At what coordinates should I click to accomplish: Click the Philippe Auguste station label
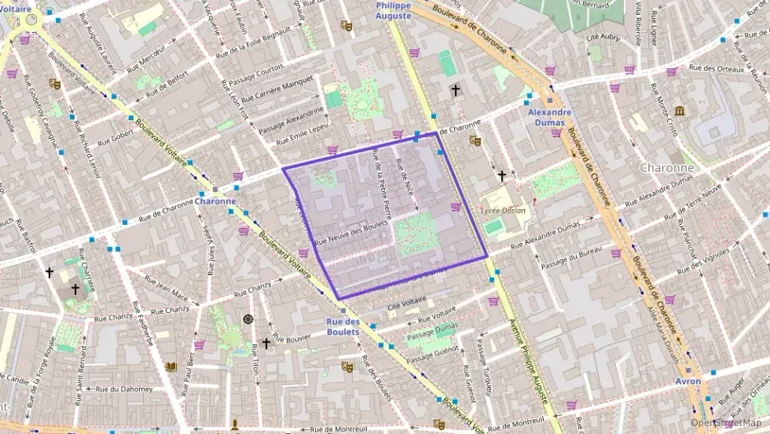(x=393, y=10)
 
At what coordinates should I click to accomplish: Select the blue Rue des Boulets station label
(x=343, y=327)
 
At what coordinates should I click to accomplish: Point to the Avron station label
(x=689, y=381)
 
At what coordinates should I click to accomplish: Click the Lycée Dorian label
(x=501, y=211)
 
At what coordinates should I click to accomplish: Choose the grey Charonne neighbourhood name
(x=667, y=167)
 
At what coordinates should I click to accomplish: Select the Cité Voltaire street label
(x=408, y=307)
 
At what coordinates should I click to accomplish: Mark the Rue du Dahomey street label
(x=124, y=389)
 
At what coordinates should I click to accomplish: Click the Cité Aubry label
(x=602, y=37)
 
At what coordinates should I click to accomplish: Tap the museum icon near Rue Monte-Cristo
(x=680, y=111)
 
